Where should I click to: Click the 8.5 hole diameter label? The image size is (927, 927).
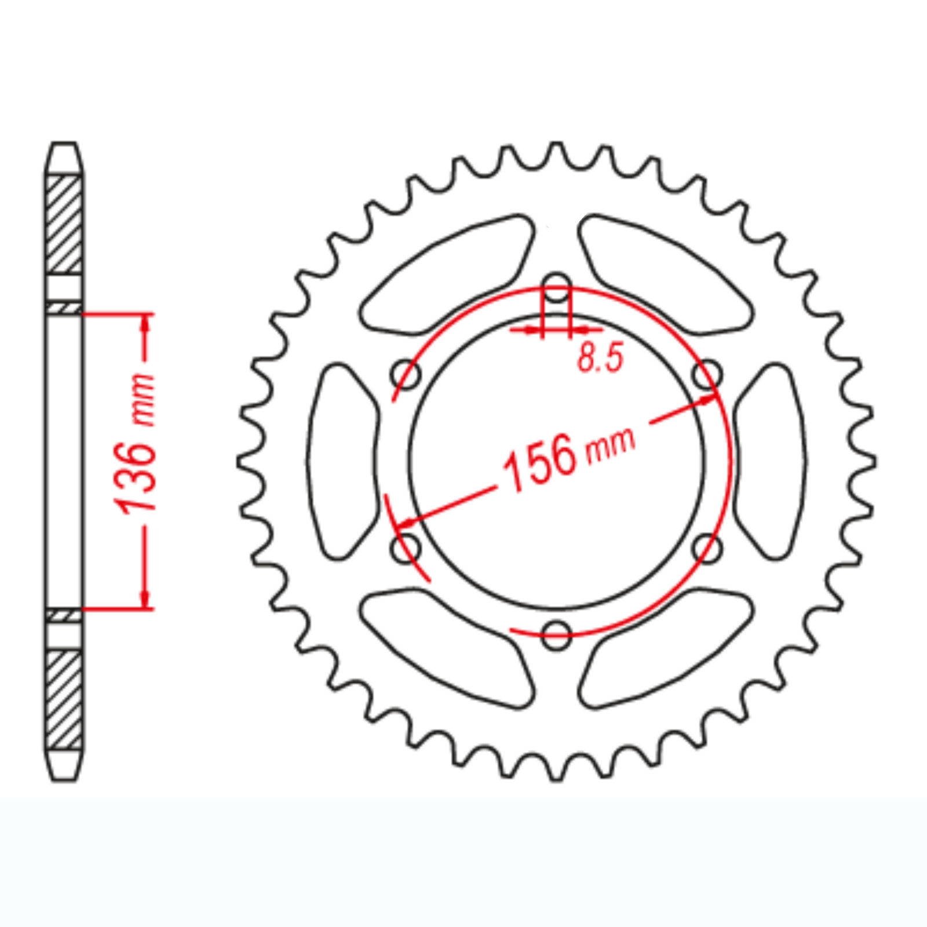point(600,357)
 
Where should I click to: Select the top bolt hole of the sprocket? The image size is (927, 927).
point(557,287)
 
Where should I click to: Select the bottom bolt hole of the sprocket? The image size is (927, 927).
point(556,635)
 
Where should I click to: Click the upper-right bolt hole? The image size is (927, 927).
point(707,374)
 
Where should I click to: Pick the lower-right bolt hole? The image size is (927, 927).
point(707,548)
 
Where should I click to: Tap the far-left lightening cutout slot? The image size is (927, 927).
point(342,462)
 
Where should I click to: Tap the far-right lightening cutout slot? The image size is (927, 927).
point(771,462)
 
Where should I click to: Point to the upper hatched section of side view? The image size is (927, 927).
point(64,224)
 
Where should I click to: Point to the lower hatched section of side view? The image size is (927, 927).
point(64,699)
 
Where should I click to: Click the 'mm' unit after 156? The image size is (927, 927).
point(611,445)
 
